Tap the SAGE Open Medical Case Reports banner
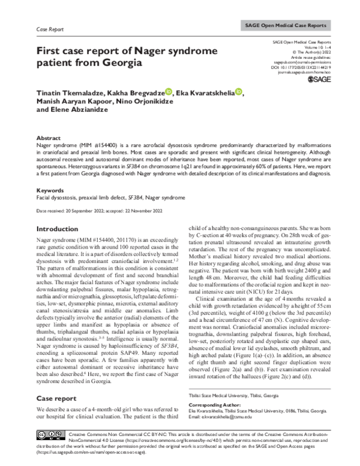(286, 26)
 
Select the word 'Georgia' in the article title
(120, 62)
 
